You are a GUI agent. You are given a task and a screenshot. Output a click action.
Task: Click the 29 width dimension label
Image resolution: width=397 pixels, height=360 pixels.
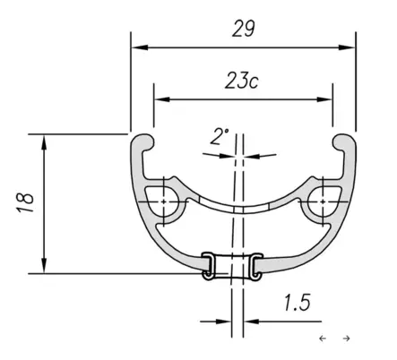244,29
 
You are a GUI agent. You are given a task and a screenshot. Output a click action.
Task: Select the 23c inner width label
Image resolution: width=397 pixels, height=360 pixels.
241,81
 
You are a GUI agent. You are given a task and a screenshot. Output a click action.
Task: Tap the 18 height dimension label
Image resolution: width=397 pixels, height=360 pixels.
25,202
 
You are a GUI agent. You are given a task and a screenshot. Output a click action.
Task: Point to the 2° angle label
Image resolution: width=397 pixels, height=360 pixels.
219,137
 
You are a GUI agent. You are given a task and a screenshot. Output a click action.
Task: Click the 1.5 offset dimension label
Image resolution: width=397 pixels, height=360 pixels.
297,303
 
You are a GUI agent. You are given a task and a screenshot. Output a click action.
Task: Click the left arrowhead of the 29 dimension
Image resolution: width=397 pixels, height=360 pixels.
140,47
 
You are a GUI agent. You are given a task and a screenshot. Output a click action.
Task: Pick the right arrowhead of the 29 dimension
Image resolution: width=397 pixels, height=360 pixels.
347,47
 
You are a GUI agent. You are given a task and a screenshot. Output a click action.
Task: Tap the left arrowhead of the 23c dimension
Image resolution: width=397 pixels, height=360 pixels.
162,99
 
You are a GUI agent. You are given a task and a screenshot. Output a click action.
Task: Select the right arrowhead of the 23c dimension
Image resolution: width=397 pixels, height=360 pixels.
324,99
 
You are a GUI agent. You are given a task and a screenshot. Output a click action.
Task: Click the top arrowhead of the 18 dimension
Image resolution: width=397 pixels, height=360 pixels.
44,142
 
